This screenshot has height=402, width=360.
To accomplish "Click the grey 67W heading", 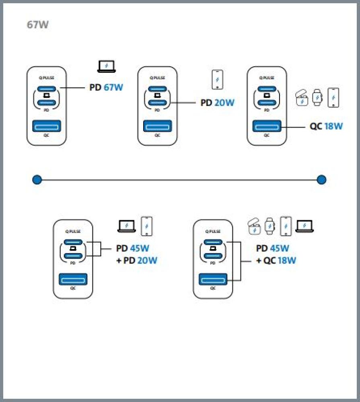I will coord(37,25).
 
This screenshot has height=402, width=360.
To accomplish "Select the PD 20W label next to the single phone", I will coord(217,103).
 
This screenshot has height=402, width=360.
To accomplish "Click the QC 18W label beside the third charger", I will coord(326,126).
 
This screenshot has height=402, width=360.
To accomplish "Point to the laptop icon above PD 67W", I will coord(107,66).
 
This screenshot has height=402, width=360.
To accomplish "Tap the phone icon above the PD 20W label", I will coord(217,80).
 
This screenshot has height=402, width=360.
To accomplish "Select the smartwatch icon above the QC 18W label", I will coord(318,97).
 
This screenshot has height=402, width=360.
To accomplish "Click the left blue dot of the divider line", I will coord(37,179).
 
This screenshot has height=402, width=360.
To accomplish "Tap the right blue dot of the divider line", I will coord(321,179).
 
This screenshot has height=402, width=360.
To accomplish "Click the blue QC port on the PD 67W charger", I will coord(46,127).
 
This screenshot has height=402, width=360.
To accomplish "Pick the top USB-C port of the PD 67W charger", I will coord(46,89).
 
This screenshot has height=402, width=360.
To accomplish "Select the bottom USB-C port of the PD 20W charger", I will coord(158,103).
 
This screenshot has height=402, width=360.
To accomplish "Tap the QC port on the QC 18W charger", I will coord(267,127).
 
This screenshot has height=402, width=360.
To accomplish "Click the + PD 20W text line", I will coord(137,260).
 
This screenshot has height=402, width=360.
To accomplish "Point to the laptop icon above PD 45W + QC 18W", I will coord(304,226).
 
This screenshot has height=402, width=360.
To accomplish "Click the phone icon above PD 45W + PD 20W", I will coord(147,226).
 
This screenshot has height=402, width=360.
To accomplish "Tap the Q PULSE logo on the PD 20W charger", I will coord(157,78).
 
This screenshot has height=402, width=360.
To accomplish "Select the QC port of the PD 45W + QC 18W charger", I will coord(213,280).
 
